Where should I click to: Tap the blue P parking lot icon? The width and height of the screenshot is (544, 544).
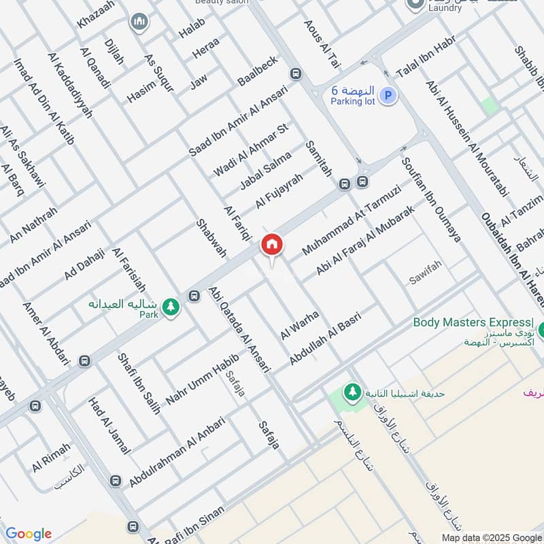point(387,96)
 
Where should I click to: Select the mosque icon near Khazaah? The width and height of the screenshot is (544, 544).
point(140,22)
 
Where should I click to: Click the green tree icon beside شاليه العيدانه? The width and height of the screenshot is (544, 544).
point(171,307)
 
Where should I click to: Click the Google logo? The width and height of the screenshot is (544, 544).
point(28,534)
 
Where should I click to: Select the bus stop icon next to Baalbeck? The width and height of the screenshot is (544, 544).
point(295,73)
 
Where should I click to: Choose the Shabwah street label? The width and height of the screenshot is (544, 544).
point(211,237)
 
